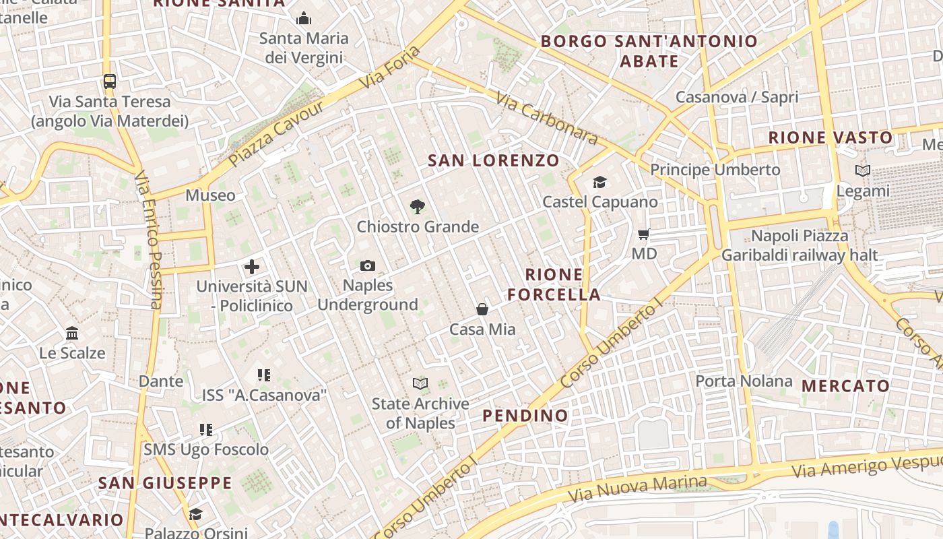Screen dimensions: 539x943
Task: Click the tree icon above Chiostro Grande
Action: pyautogui.click(x=418, y=207)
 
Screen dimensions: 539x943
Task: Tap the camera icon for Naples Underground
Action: pyautogui.click(x=367, y=266)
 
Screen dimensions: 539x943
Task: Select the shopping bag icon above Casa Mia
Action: pyautogui.click(x=482, y=309)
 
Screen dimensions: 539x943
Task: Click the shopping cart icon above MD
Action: pyautogui.click(x=644, y=234)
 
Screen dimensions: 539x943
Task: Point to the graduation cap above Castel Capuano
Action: pyautogui.click(x=599, y=182)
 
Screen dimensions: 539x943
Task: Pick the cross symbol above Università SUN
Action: pyautogui.click(x=252, y=267)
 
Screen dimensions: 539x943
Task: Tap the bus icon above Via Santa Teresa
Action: pyautogui.click(x=110, y=82)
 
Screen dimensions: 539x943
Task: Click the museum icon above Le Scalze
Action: pyautogui.click(x=72, y=333)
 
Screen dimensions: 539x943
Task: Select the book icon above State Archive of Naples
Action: pyautogui.click(x=420, y=384)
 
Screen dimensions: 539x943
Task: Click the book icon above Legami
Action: pyautogui.click(x=862, y=171)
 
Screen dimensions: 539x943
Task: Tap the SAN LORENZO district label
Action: pyautogui.click(x=494, y=160)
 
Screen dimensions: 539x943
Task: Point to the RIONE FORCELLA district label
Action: pyautogui.click(x=554, y=284)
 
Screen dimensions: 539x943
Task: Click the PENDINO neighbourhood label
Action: pyautogui.click(x=525, y=415)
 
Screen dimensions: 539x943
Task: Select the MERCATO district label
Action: pyautogui.click(x=845, y=386)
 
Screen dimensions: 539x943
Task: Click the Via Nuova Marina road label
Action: pyautogui.click(x=637, y=489)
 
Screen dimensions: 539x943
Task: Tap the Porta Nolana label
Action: pyautogui.click(x=744, y=381)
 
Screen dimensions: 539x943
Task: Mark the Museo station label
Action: pyautogui.click(x=211, y=195)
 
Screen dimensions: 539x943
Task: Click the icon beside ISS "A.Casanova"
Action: pyautogui.click(x=264, y=375)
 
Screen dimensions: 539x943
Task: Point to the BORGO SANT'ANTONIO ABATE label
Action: pyautogui.click(x=649, y=51)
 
